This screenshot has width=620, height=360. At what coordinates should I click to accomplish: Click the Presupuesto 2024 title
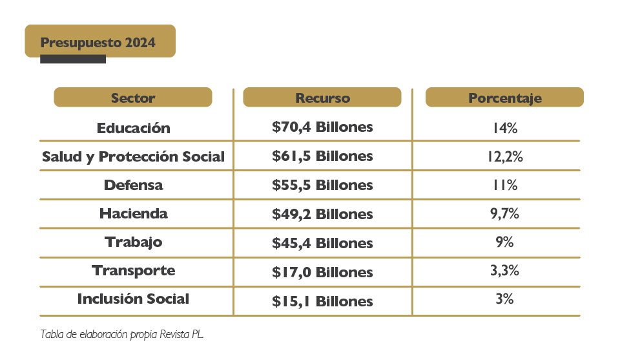(x=98, y=43)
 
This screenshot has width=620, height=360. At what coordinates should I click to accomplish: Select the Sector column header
(x=133, y=98)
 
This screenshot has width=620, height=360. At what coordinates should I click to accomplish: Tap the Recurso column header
(x=322, y=98)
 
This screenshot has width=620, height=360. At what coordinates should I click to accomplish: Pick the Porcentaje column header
(x=504, y=98)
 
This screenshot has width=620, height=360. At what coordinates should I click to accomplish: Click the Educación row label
(x=133, y=128)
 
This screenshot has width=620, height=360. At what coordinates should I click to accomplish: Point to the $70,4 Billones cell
(x=322, y=127)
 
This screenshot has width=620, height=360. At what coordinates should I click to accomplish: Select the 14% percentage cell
(x=504, y=128)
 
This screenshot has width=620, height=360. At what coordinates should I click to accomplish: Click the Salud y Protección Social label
(x=133, y=156)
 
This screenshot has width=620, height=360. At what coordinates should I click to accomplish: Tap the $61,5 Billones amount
(x=322, y=156)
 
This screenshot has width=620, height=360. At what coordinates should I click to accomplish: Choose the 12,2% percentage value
(x=504, y=156)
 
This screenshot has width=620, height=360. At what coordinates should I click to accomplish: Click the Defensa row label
(x=133, y=185)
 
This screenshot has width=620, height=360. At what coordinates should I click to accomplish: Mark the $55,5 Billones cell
(x=322, y=185)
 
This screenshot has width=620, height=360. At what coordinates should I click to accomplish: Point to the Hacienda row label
(x=133, y=213)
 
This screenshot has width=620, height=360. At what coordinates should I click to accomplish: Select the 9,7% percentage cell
(x=504, y=214)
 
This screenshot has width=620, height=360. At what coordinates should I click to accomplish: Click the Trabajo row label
(x=133, y=242)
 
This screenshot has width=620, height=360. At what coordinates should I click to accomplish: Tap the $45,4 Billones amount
(x=322, y=243)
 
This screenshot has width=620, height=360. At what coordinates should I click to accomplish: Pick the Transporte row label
(x=133, y=270)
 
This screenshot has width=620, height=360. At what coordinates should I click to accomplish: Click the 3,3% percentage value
(x=504, y=271)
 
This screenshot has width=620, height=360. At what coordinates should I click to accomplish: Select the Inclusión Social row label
(x=133, y=299)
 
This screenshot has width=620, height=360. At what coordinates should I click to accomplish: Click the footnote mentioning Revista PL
(x=122, y=335)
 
